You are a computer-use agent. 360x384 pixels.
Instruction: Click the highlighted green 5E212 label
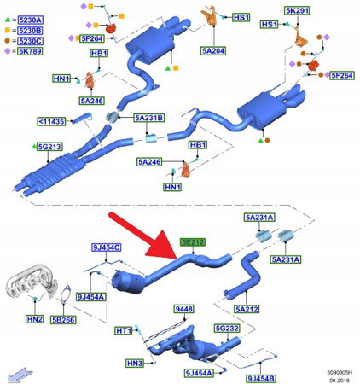tap(192, 241)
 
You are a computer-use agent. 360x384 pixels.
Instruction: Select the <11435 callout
tap(51, 121)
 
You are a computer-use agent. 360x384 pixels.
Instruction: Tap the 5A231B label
tap(148, 118)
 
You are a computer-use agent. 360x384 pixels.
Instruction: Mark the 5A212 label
tap(247, 309)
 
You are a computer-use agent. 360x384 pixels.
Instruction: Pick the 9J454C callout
tap(107, 247)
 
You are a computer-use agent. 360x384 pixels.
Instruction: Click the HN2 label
tap(34, 320)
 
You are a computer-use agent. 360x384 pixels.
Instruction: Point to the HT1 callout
tap(124, 330)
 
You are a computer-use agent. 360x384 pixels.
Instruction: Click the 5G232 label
tap(226, 327)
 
